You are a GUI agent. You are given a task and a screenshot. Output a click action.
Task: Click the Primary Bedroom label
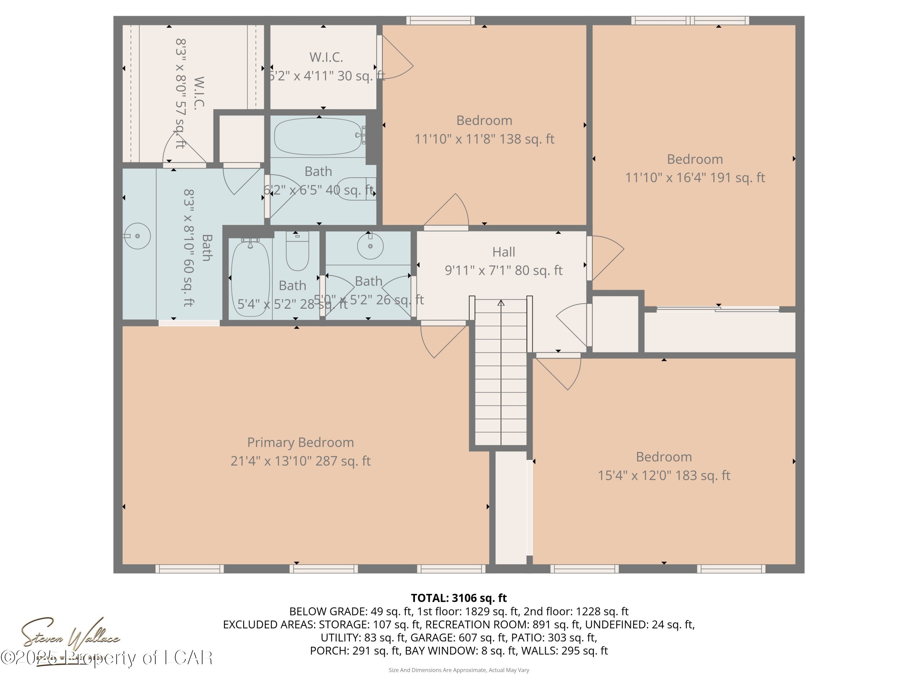tap(300, 442)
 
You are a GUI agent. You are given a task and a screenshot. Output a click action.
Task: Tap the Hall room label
tap(503, 252)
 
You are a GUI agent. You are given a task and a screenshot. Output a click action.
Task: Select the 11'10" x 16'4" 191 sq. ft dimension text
tap(695, 178)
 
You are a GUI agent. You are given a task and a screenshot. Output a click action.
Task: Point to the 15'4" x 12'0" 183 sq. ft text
tap(664, 475)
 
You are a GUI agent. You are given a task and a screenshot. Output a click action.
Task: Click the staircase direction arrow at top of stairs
tap(501, 303)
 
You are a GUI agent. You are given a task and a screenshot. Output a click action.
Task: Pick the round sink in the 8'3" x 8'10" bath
tap(137, 236)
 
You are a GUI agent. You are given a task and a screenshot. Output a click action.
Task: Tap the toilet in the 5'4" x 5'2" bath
tap(297, 252)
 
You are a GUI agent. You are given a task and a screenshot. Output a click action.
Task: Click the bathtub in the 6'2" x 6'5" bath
tap(318, 136)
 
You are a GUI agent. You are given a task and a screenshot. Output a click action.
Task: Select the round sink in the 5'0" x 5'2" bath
tap(370, 246)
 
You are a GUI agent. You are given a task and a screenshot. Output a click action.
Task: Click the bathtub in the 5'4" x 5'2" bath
tap(250, 279)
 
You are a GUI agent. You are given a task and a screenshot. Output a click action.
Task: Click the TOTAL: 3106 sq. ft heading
tap(459, 598)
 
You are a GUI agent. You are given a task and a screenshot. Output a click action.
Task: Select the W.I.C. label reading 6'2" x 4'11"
tap(326, 57)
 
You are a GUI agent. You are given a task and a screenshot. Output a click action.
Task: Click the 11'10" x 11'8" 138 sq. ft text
tap(484, 139)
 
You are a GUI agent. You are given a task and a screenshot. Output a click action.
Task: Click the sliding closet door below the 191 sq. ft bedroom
tap(718, 309)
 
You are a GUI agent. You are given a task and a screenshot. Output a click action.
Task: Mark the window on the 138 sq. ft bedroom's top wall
tap(440, 20)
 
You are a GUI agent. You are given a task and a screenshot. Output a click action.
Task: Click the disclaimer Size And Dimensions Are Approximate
tap(459, 670)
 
